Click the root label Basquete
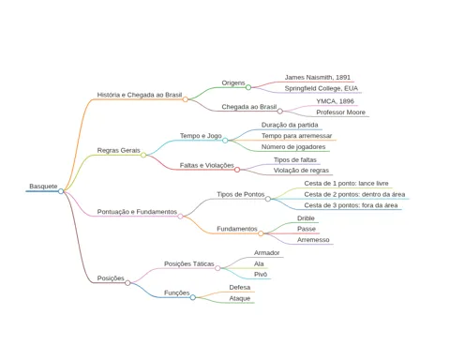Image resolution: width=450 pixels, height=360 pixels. pyautogui.click(x=43, y=187)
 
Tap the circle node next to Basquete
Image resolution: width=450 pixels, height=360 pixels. pyautogui.click(x=61, y=191)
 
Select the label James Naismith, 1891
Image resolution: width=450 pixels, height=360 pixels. pyautogui.click(x=318, y=77)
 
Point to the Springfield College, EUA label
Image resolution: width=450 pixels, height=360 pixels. pyautogui.click(x=322, y=88)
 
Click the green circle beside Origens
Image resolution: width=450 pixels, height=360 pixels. pyautogui.click(x=248, y=87)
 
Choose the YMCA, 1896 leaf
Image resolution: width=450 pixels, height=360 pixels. pyautogui.click(x=335, y=101)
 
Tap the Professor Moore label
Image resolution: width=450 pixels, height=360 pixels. pyautogui.click(x=340, y=112)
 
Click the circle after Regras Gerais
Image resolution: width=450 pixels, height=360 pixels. pyautogui.click(x=143, y=155)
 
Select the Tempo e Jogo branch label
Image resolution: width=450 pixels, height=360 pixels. pyautogui.click(x=201, y=136)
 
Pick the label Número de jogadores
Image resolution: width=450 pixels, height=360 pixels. pyautogui.click(x=293, y=147)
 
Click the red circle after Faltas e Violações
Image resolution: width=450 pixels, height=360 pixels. pyautogui.click(x=237, y=170)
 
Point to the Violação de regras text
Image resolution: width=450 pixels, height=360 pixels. pyautogui.click(x=301, y=171)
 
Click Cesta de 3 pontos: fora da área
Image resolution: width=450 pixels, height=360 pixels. pyautogui.click(x=351, y=205)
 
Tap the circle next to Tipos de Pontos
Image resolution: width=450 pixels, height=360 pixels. pyautogui.click(x=268, y=199)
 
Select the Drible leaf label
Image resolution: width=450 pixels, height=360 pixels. pyautogui.click(x=306, y=218)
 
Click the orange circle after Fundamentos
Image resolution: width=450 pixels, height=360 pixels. pyautogui.click(x=261, y=233)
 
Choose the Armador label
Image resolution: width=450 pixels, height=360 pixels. pyautogui.click(x=266, y=253)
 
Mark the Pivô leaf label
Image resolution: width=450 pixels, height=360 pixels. pyautogui.click(x=261, y=275)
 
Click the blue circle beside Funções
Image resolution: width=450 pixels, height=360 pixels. pyautogui.click(x=193, y=297)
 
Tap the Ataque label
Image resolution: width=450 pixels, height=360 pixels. pyautogui.click(x=240, y=298)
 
